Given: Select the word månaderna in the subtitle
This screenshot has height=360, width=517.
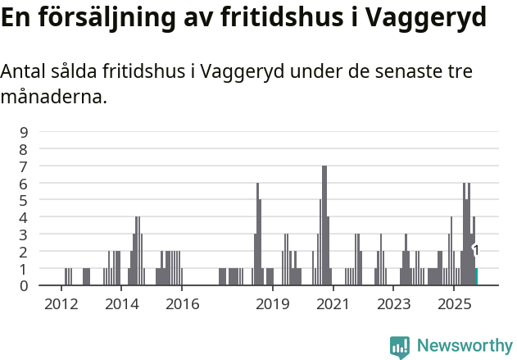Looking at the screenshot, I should coord(53,98).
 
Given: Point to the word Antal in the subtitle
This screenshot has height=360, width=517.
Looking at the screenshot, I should coord(24,72).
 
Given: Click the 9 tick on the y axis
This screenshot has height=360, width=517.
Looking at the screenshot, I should coord(25,132).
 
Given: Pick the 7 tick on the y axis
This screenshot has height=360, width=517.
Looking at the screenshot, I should coord(25,166).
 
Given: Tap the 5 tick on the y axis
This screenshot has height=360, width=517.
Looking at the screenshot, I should coord(25,200).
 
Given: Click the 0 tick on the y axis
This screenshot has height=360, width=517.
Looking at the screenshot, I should coord(25,285).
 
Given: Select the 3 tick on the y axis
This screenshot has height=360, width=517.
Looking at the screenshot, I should coord(25,235).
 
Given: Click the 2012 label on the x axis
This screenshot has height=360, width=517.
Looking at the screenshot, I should coord(61,304).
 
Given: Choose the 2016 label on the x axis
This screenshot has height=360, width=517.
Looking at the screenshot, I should coord(182,304).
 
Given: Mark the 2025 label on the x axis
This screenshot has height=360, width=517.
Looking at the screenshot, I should coord(454,304).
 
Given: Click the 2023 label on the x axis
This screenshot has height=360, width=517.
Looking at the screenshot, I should coord(393,304).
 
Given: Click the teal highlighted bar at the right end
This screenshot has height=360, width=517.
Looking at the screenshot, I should coord(476,276).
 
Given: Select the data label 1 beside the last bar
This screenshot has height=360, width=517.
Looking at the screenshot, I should coord(476,251).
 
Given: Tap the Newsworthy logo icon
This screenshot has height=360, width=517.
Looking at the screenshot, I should coord(400,347).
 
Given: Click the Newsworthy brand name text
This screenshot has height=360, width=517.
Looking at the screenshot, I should coord(464,347).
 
